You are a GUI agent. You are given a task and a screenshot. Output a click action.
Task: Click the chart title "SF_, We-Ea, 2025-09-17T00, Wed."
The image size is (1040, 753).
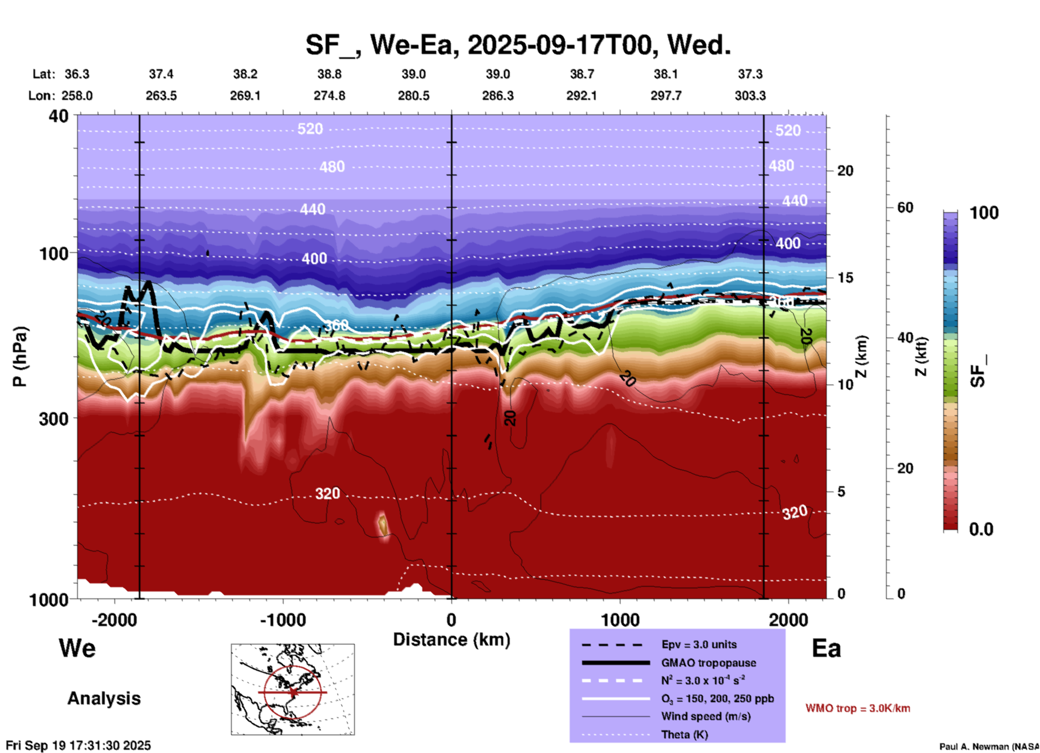pos(518,45)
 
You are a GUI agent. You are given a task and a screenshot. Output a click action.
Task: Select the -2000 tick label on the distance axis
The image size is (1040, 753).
pos(114,620)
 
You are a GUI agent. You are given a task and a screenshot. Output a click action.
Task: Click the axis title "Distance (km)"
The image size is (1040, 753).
pos(451,640)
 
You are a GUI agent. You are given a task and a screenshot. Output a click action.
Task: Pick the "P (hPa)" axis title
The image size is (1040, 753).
pos(20,357)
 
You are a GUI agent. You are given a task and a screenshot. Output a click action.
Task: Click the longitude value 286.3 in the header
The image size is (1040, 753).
pos(497,96)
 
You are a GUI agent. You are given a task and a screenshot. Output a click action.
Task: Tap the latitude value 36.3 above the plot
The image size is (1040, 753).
pos(77,74)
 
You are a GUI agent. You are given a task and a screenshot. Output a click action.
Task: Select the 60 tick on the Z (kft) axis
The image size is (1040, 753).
pos(905,207)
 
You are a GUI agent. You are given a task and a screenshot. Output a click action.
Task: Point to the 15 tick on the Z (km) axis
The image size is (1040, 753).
pos(845,278)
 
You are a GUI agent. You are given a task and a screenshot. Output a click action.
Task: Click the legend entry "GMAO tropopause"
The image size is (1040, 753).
pos(708,663)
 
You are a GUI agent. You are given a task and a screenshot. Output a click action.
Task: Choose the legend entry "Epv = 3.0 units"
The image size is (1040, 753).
pos(699,644)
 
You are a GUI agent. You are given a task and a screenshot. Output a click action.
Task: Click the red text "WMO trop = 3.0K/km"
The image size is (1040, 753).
pos(857,708)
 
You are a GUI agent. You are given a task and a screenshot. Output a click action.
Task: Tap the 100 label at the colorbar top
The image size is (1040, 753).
pos(984,213)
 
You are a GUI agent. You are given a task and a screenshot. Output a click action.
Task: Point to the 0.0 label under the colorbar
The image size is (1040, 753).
pos(981,529)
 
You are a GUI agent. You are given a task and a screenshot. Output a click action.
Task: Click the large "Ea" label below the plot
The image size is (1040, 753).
pos(826,649)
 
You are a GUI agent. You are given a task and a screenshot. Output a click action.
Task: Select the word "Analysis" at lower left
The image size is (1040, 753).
pos(104,698)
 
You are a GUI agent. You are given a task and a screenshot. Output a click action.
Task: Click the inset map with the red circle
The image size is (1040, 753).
pos(293,689)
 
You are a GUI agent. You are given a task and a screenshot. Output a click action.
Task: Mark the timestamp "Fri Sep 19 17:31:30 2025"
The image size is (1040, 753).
pos(79,745)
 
